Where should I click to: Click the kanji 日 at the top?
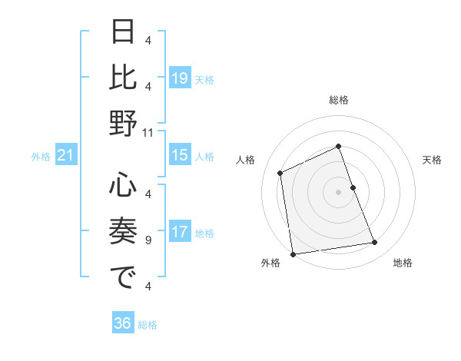[x=123, y=33]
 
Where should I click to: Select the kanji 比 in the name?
[x=123, y=77]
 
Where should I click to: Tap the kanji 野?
[x=123, y=123]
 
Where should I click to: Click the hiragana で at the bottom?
[x=123, y=278]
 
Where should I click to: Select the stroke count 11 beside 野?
[x=148, y=132]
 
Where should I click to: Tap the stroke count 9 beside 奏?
[x=148, y=240]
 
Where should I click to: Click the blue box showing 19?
[x=179, y=78]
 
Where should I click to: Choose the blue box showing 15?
[x=179, y=155]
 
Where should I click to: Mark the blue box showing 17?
[x=179, y=232]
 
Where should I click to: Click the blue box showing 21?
[x=65, y=156]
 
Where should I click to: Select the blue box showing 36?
[x=123, y=323]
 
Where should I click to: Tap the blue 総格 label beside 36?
[x=148, y=325]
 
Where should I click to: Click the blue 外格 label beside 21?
[x=41, y=157]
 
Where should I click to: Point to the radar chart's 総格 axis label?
[x=339, y=100]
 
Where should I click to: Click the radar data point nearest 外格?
[x=293, y=253]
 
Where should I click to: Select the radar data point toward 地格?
[x=375, y=243]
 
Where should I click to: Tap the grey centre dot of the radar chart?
[x=339, y=191]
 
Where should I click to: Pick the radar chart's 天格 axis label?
[x=432, y=160]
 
